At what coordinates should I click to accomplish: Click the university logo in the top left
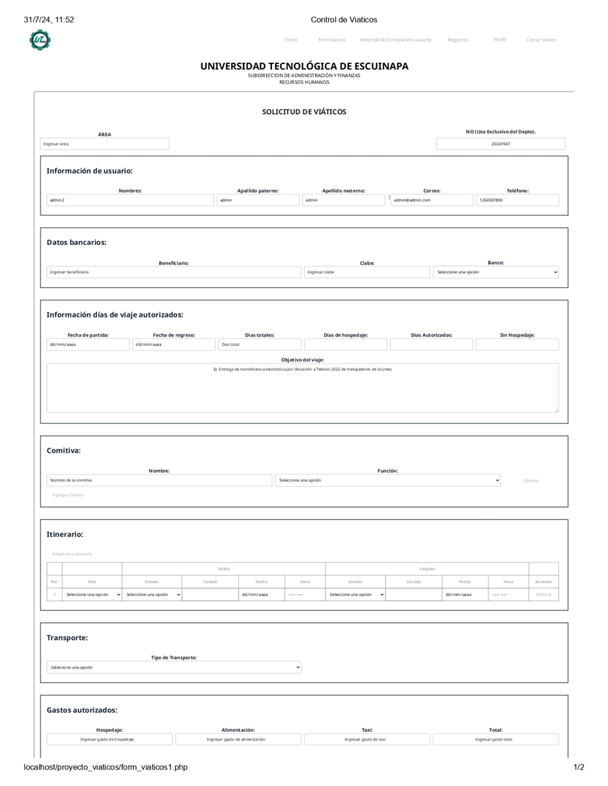40,40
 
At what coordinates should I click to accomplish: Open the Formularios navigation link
331,40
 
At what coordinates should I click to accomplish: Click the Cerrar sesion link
541,40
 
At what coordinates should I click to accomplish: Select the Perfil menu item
500,40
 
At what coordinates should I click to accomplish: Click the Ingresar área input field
104,144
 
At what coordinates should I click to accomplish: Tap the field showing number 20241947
500,144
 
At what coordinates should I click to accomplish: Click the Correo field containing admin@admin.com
432,200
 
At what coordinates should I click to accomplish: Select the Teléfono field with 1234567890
517,200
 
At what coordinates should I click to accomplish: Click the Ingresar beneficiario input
174,272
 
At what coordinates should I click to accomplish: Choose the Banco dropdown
496,272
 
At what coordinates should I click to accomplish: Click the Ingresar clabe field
367,272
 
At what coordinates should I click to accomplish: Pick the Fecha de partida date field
88,344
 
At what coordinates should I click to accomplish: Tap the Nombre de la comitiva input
159,480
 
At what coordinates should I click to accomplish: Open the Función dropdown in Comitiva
388,480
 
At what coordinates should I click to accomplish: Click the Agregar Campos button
68,495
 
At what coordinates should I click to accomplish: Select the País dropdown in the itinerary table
92,595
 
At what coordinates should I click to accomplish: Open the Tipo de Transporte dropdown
174,667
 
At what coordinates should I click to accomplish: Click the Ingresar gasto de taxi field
366,739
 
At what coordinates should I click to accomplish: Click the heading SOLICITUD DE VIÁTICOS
304,112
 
